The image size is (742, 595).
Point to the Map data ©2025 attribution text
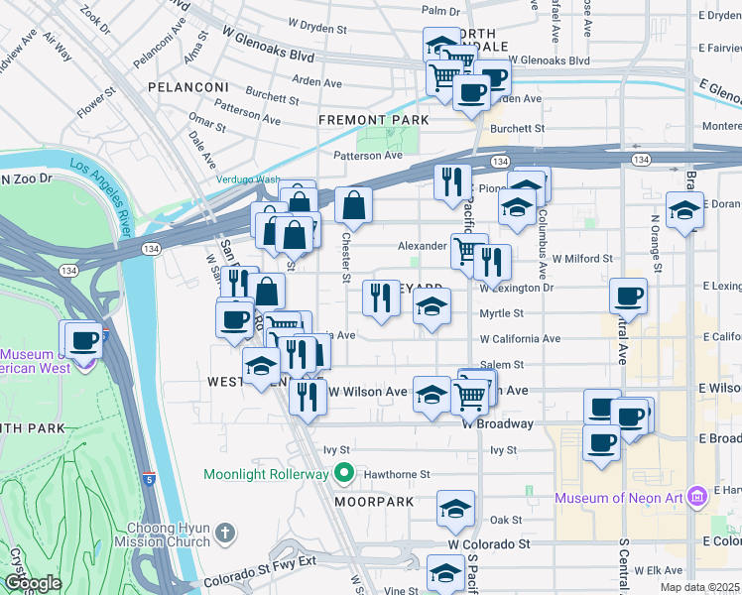tap(698, 587)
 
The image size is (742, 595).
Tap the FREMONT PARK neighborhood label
tap(373, 120)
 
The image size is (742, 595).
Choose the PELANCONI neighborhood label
tap(188, 87)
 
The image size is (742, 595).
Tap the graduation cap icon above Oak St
tap(456, 508)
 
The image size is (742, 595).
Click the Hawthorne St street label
tap(395, 474)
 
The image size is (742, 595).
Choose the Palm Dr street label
tap(441, 11)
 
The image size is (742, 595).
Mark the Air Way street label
tap(58, 52)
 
